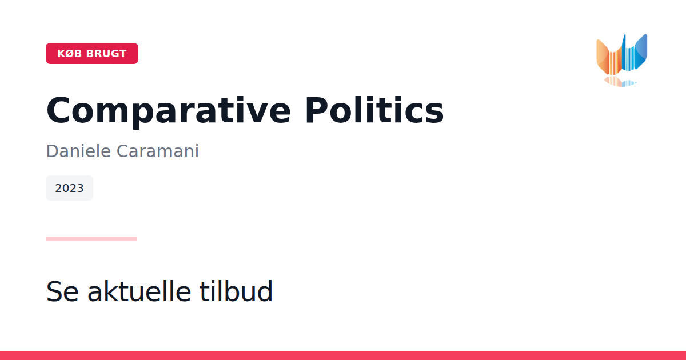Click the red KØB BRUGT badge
click(92, 53)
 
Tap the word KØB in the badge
click(70, 54)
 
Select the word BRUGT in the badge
click(106, 54)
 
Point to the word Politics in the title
click(374, 110)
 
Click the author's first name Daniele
click(78, 151)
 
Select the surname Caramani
click(158, 151)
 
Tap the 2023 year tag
click(69, 188)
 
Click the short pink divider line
click(91, 239)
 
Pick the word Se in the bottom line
click(62, 291)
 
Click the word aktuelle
click(139, 291)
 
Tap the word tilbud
click(236, 291)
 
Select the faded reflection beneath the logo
click(620, 81)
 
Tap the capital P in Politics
click(316, 110)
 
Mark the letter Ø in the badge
click(70, 54)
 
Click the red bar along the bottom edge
click(343, 355)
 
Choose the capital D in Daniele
click(52, 151)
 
